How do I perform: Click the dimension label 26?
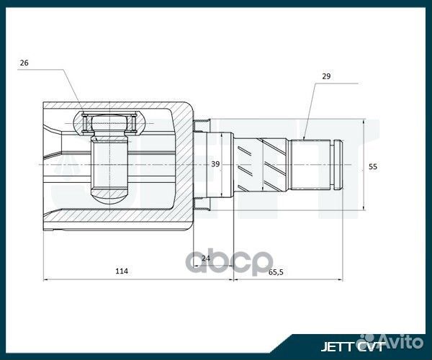click(x=24, y=63)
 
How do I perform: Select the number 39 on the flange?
click(x=215, y=164)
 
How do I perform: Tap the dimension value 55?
click(x=372, y=166)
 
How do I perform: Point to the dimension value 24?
click(x=205, y=258)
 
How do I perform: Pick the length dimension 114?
click(x=122, y=271)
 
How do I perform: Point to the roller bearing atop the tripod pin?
click(x=109, y=124)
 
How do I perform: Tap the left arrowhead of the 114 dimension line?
click(x=46, y=279)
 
